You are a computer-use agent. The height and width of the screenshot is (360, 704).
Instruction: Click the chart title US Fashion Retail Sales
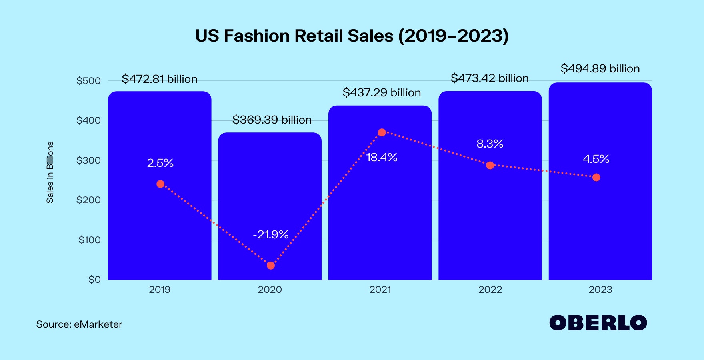pos(352,36)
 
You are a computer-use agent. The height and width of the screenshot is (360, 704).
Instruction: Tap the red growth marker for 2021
pos(382,132)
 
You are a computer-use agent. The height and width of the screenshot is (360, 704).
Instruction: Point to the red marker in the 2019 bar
pos(160,184)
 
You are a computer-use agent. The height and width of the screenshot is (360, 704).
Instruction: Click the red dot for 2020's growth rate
pos(271,266)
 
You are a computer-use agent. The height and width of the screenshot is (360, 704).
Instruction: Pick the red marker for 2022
pos(490,165)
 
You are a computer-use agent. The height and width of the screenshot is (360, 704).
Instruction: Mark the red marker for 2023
pos(596,177)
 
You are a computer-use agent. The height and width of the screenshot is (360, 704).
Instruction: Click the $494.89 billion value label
pos(600,69)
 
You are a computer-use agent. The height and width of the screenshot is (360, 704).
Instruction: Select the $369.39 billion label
pos(272,120)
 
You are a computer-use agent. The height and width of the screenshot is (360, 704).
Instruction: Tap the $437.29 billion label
pos(382,93)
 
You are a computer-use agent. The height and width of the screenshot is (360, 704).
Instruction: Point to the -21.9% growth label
pos(271,234)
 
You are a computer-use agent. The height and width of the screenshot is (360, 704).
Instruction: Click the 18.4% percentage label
pos(382,158)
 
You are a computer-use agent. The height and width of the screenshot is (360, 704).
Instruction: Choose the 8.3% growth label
pos(490,144)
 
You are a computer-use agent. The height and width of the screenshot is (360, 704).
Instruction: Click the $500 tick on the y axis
pos(88,81)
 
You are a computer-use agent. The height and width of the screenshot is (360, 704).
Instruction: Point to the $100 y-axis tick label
pos(89,240)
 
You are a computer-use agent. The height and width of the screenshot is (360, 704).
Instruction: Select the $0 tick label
pos(94,280)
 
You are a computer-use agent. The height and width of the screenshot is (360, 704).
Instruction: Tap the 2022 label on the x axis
pos(490,290)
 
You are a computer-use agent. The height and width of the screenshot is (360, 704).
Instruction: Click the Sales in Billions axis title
pos(50,172)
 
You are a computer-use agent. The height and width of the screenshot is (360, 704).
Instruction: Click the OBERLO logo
pos(598,323)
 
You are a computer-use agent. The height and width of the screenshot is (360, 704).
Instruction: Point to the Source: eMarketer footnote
pos(79,324)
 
